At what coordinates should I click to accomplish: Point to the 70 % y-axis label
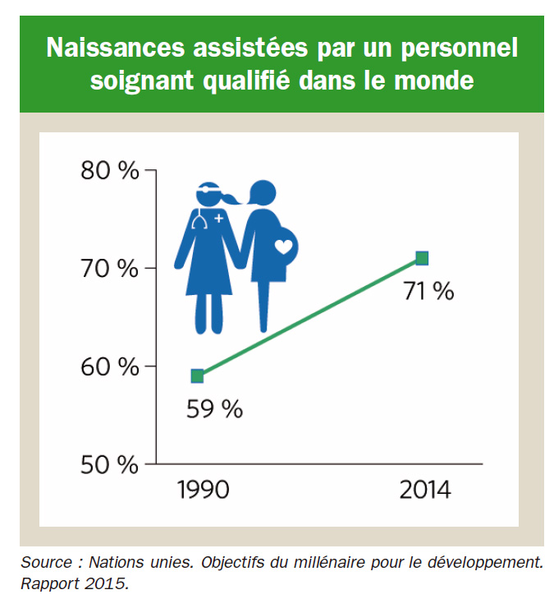[110, 269]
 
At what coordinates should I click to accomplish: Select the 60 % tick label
[110, 366]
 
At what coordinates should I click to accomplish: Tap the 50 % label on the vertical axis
[110, 464]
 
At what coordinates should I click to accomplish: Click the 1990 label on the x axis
[204, 491]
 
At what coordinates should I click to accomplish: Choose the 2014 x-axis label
[425, 491]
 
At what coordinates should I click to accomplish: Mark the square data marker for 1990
[197, 376]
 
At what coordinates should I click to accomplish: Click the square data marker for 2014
[422, 259]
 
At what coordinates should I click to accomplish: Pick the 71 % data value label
[427, 291]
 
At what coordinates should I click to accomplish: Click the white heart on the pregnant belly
[284, 246]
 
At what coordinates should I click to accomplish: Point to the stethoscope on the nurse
[199, 221]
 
